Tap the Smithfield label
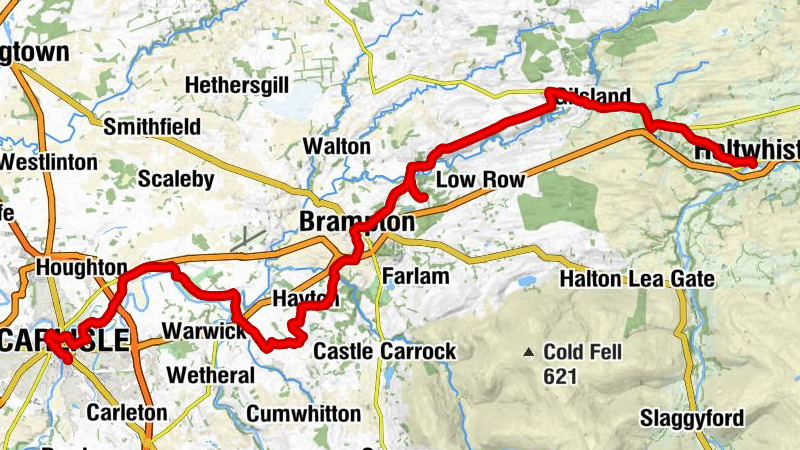tap(152, 127)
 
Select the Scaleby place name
tap(176, 179)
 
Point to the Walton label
tap(337, 146)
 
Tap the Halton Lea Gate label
tap(638, 279)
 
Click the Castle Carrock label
tap(385, 352)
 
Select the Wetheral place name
tap(212, 376)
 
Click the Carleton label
tap(126, 412)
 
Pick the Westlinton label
tap(48, 162)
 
